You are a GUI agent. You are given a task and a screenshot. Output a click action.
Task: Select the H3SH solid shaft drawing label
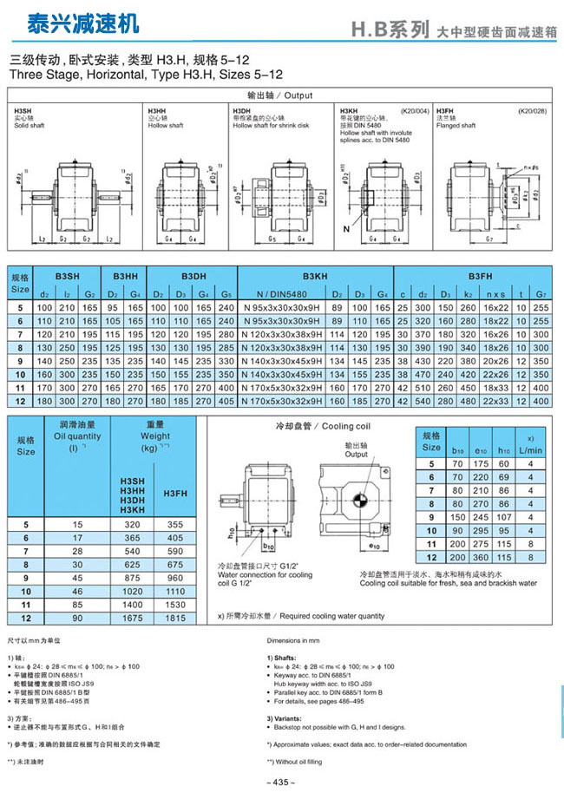click(23, 111)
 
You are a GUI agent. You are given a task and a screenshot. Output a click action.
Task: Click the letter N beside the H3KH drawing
click(347, 228)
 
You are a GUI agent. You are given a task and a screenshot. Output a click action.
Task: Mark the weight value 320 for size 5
click(132, 525)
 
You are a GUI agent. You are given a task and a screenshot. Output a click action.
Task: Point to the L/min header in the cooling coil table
click(529, 450)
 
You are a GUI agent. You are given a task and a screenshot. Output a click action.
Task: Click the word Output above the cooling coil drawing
click(357, 454)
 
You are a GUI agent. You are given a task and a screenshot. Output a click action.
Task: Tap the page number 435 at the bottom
click(281, 783)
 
